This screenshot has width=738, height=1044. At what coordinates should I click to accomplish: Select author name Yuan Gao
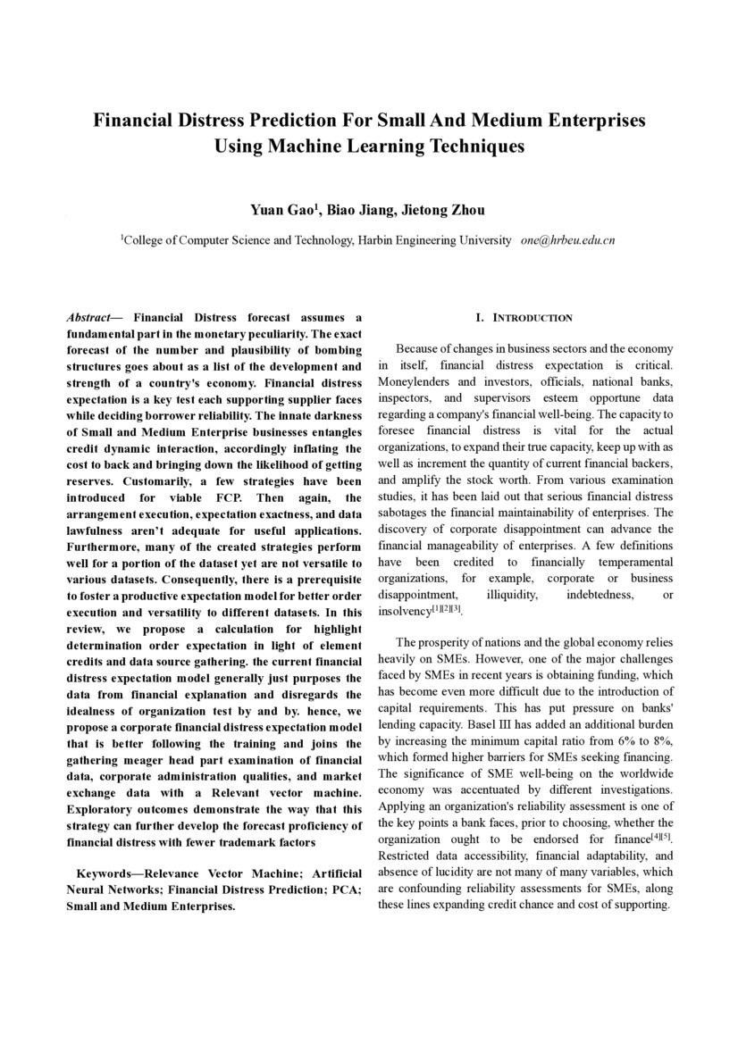[x=285, y=211]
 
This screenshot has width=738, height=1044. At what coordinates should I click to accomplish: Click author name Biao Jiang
[x=357, y=211]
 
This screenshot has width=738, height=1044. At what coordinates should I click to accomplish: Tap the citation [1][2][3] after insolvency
[x=446, y=608]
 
